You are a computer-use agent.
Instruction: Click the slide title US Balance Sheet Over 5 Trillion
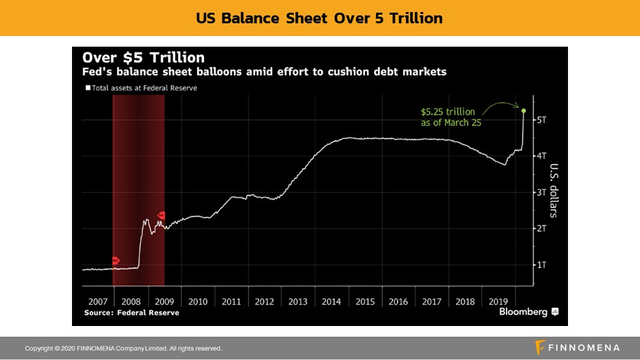(x=319, y=18)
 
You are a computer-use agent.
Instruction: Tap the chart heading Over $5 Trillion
(x=143, y=57)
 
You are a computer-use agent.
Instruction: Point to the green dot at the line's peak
(x=524, y=111)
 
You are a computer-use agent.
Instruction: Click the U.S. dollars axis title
(x=554, y=191)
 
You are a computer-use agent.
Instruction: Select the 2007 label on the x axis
(x=97, y=301)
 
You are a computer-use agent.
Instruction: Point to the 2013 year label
(x=298, y=301)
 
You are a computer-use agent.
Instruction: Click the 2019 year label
(x=499, y=301)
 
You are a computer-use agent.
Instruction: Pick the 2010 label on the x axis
(x=198, y=301)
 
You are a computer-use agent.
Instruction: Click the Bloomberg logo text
(x=523, y=312)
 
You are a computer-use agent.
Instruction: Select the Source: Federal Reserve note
(x=131, y=313)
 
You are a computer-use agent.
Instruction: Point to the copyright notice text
(x=123, y=349)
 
